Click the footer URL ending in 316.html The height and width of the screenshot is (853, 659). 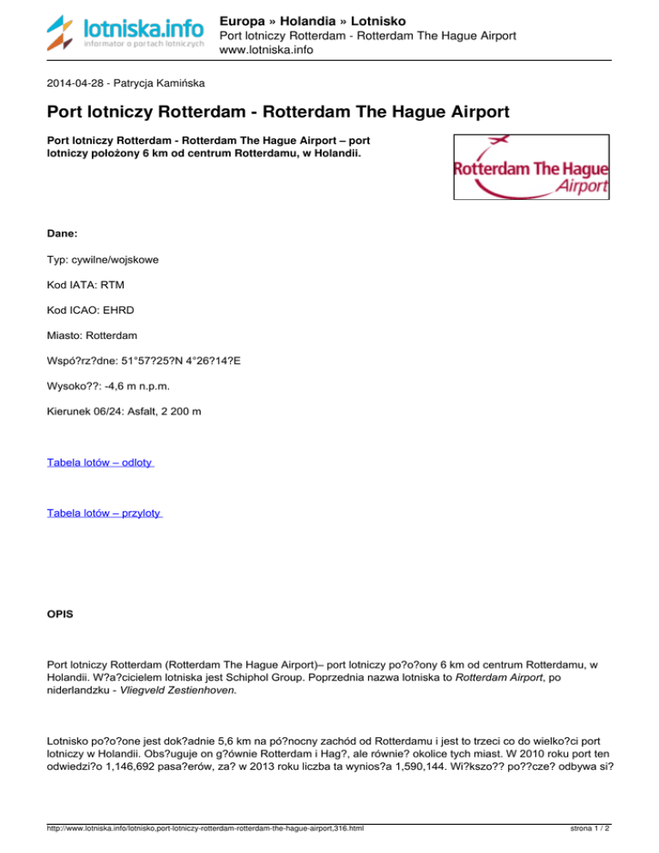click(x=206, y=829)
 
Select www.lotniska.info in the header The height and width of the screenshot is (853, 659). click(x=266, y=51)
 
